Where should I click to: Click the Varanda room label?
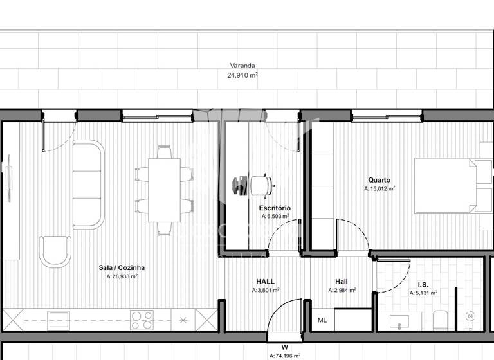[242, 66]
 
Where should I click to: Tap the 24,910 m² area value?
[242, 75]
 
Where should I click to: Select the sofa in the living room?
[88, 184]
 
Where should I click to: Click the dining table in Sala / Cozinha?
[164, 190]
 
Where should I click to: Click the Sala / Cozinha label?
[122, 267]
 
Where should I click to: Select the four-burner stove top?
[142, 319]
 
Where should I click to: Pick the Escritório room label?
[275, 208]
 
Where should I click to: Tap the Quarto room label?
[379, 181]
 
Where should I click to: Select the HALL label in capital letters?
[265, 282]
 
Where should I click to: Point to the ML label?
[322, 320]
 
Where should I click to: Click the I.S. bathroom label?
[423, 284]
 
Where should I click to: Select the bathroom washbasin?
[394, 320]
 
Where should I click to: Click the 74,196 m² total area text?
[284, 355]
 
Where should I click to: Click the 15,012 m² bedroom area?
[380, 189]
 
